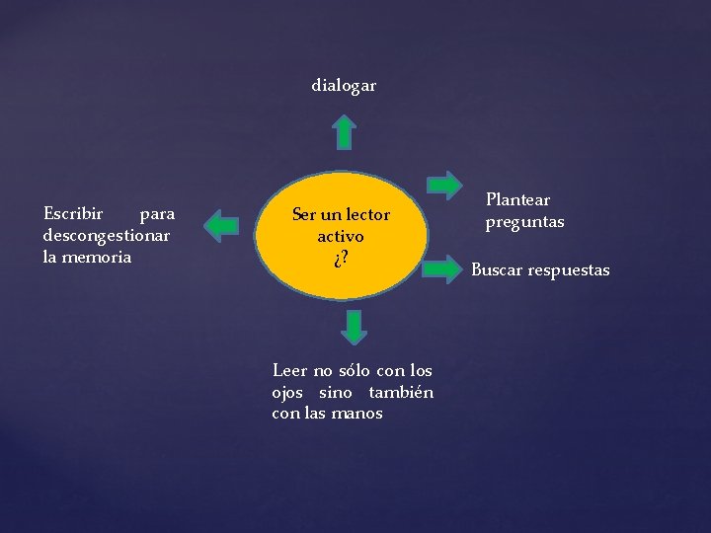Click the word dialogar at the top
tap(344, 86)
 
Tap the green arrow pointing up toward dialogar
tap(344, 131)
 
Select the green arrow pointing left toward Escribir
tap(222, 225)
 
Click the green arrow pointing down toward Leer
tap(354, 327)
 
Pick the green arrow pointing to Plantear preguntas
tap(444, 185)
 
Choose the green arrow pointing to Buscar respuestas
tap(444, 266)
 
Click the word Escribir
tap(73, 213)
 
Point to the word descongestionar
tap(107, 235)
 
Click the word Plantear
tap(517, 199)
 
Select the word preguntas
tap(524, 221)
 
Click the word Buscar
tap(497, 269)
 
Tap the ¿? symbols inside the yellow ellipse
tap(341, 259)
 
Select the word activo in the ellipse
tap(341, 236)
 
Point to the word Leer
tap(289, 370)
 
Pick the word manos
tap(357, 414)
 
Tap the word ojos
tap(287, 392)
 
